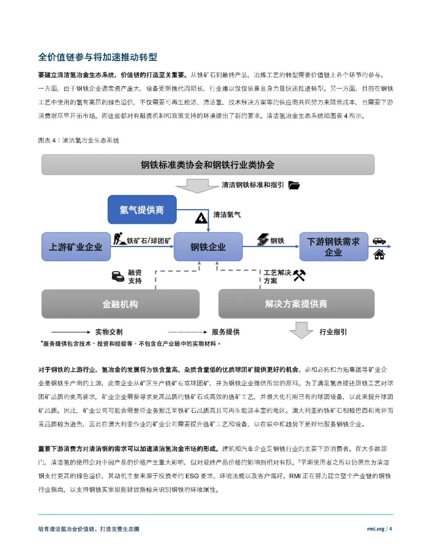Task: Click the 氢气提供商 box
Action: click(142, 210)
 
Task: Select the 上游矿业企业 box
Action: click(76, 247)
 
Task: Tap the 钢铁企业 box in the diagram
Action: click(208, 247)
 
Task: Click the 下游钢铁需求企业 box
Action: click(333, 247)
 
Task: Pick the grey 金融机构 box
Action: click(120, 304)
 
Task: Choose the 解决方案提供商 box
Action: click(296, 304)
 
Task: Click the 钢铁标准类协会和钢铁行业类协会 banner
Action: click(208, 164)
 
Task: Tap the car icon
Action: click(379, 241)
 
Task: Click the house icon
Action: click(379, 254)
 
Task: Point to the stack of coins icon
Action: click(118, 276)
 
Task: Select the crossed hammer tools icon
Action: click(299, 275)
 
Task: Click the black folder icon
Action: click(294, 185)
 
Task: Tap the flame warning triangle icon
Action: click(201, 218)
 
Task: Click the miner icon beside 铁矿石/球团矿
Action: click(119, 239)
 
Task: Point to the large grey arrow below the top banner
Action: click(198, 186)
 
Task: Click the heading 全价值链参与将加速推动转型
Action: click(98, 57)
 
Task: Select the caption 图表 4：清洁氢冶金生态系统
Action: click(79, 140)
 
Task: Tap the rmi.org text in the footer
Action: click(376, 529)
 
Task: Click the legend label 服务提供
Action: click(225, 332)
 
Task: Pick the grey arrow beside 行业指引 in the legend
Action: click(301, 330)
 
